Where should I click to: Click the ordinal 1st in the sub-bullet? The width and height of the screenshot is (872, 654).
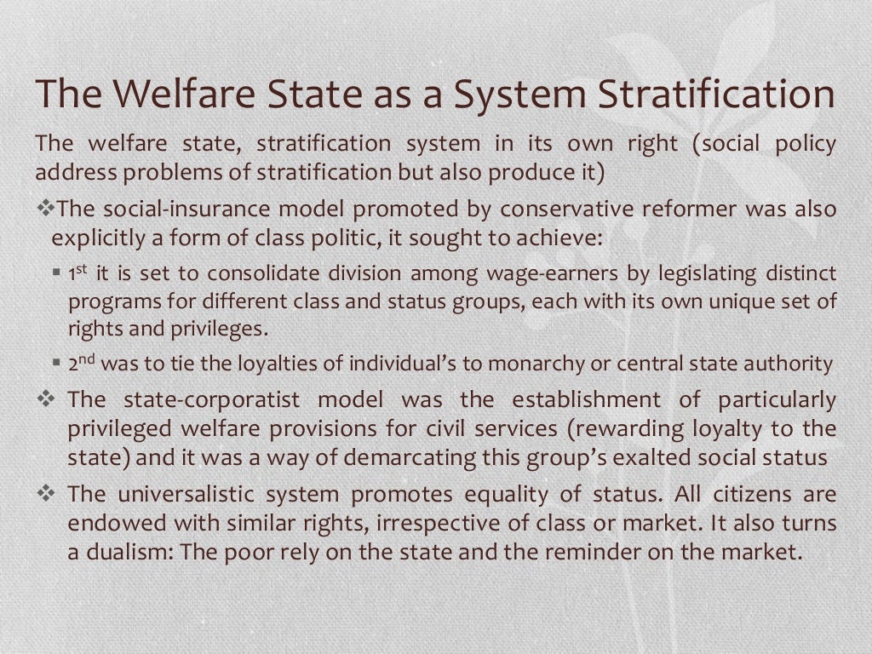tap(79, 273)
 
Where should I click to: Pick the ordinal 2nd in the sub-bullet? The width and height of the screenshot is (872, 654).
tap(82, 364)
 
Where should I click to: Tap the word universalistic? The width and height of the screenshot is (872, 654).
tap(202, 494)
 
